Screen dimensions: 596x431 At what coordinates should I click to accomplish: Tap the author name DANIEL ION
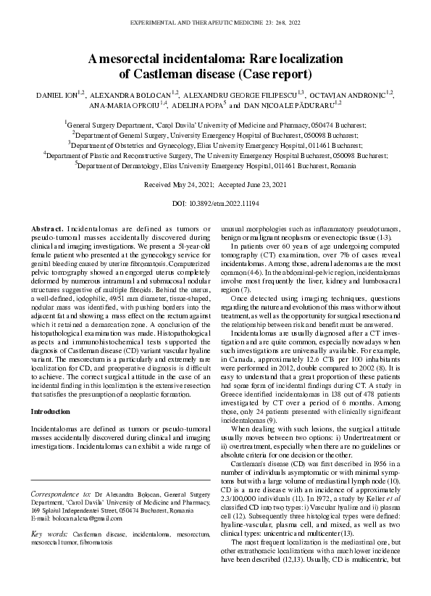57,95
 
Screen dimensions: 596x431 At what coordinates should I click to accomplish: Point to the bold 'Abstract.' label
47,228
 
